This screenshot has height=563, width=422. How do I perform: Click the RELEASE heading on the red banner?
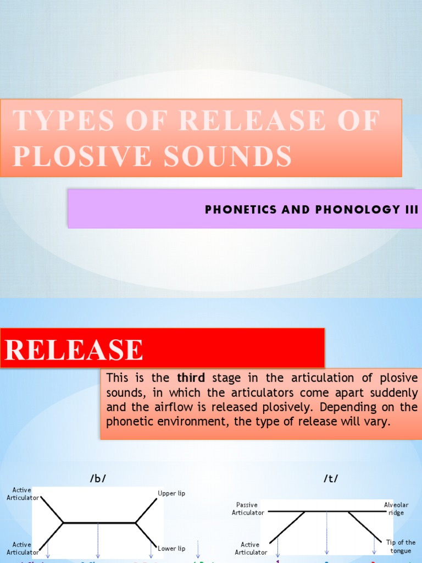[x=74, y=350]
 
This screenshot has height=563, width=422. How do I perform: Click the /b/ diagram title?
[x=98, y=478]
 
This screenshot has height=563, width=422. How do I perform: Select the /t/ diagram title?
[x=331, y=478]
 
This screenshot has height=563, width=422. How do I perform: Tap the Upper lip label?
[x=171, y=494]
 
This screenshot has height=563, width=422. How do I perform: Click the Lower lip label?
[x=171, y=549]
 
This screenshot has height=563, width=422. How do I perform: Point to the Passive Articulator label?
[x=248, y=509]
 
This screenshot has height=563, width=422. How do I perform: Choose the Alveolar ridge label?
[x=396, y=509]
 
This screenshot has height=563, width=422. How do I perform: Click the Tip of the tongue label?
[x=401, y=547]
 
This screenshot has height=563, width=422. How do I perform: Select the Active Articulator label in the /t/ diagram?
[x=251, y=549]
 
